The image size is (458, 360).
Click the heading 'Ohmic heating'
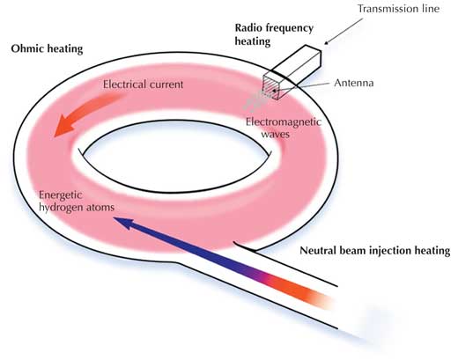tap(47, 48)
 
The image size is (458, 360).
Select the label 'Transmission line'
tap(398, 9)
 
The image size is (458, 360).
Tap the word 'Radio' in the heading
tap(248, 28)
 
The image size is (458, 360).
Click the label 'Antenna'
tap(354, 83)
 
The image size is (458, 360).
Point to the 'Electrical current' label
tap(143, 84)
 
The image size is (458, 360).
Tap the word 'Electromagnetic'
tap(284, 121)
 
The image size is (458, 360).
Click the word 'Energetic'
tap(61, 195)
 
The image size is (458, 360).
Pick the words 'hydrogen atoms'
tap(77, 208)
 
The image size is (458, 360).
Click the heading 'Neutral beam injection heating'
tap(375, 251)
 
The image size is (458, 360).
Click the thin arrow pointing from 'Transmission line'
tap(343, 32)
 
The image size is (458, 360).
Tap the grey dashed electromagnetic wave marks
tap(255, 99)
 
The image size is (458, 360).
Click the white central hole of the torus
tap(176, 157)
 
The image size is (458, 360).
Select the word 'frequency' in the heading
tap(289, 28)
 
